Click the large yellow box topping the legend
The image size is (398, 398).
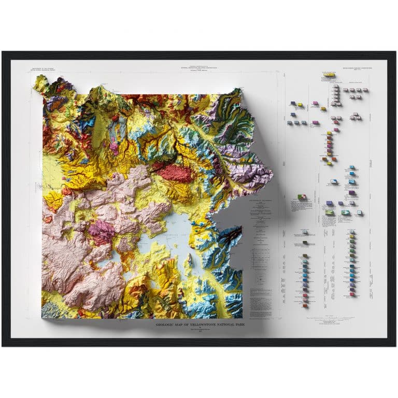[x=328, y=75]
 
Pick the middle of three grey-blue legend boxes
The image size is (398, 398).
[x=297, y=123]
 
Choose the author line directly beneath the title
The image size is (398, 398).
[x=200, y=330]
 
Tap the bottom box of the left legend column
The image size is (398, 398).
[x=305, y=305]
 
